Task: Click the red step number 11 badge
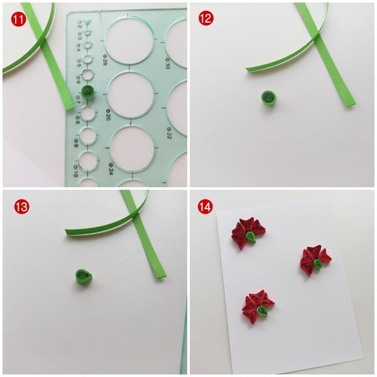pyautogui.click(x=16, y=18)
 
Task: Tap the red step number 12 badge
pyautogui.click(x=205, y=18)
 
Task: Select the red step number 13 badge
pyautogui.click(x=16, y=206)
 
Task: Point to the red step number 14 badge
pyautogui.click(x=205, y=206)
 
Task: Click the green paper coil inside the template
pyautogui.click(x=89, y=92)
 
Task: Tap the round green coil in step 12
pyautogui.click(x=270, y=97)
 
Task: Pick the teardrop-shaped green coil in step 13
pyautogui.click(x=83, y=276)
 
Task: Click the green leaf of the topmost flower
pyautogui.click(x=251, y=237)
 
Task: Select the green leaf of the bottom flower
pyautogui.click(x=262, y=310)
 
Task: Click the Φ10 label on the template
pyautogui.click(x=76, y=172)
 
